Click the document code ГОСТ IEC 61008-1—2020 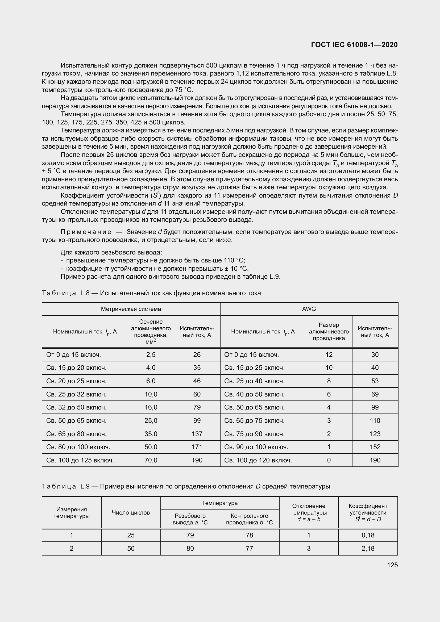click(354, 45)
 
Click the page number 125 click(392, 565)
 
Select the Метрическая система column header click(131, 309)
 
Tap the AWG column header click(309, 309)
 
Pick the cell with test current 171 click(197, 447)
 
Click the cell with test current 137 click(197, 434)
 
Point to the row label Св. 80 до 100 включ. click(78, 447)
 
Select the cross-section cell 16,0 click(151, 407)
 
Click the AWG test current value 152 click(375, 447)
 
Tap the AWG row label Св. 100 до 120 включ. click(258, 460)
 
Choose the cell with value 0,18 click(368, 535)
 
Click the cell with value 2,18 click(368, 548)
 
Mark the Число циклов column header click(131, 512)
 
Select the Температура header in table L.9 click(220, 503)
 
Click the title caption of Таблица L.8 click(151, 293)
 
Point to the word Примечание click(86, 232)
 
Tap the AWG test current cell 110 click(375, 421)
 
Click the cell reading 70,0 click(151, 460)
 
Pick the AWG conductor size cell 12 click(329, 355)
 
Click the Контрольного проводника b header click(249, 519)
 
